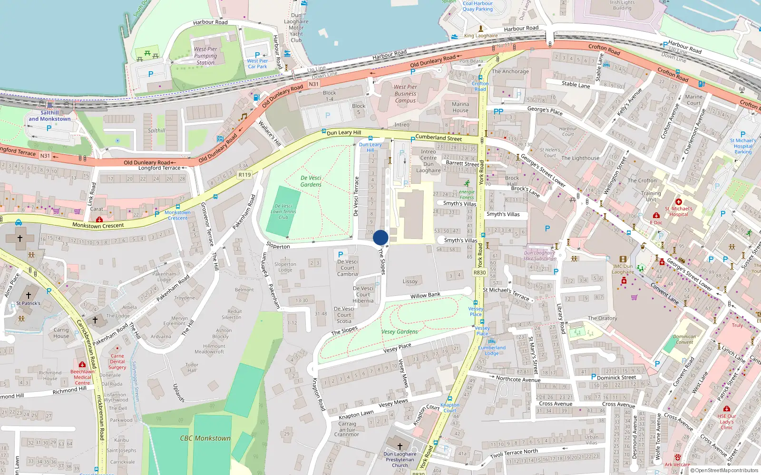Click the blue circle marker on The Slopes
click(x=380, y=237)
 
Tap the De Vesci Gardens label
click(x=311, y=181)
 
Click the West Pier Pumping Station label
click(x=205, y=56)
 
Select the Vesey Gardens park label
click(x=400, y=332)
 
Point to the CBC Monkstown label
click(x=205, y=438)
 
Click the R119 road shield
click(x=244, y=175)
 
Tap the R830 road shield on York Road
click(x=479, y=273)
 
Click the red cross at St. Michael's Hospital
click(x=679, y=202)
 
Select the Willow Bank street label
click(x=425, y=295)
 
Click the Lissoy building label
click(x=410, y=281)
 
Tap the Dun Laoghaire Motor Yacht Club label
click(x=296, y=28)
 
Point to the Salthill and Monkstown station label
click(x=49, y=116)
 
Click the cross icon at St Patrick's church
click(x=29, y=295)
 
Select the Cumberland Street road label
click(x=439, y=138)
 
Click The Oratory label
click(x=602, y=318)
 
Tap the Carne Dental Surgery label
click(x=117, y=361)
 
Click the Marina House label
click(x=460, y=107)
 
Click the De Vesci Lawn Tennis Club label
click(x=283, y=212)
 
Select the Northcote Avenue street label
click(x=518, y=379)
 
